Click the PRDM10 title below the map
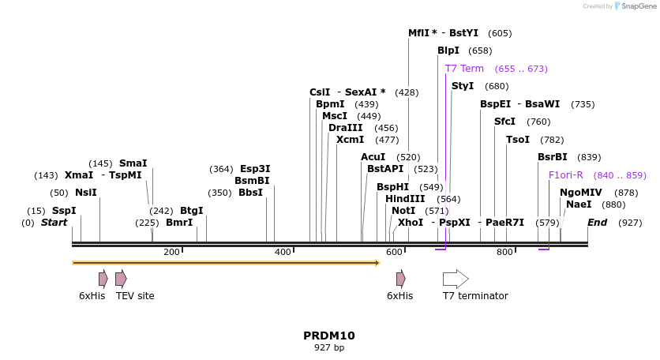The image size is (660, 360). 329,336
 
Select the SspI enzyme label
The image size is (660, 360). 64,211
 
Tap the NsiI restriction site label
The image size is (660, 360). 86,193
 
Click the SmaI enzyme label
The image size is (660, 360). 133,163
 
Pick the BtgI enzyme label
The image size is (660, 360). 191,211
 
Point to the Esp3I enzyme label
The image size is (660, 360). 255,169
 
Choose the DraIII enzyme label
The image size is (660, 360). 346,128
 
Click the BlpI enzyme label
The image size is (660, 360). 448,51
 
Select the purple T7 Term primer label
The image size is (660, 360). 464,69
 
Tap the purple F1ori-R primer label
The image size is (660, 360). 565,175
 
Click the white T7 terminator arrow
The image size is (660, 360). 456,278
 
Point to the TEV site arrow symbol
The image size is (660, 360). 121,278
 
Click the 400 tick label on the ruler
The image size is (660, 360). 283,253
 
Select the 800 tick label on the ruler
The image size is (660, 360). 504,253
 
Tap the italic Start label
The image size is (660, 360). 54,223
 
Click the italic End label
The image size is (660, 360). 597,223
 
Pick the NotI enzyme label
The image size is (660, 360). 403,211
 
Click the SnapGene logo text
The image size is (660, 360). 640,6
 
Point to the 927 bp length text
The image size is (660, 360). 329,347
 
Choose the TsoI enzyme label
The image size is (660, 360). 518,140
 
